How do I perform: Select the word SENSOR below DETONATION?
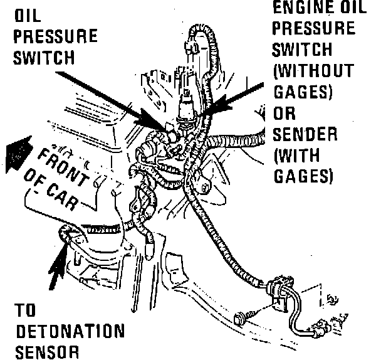(x=47, y=351)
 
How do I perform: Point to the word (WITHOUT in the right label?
(x=313, y=71)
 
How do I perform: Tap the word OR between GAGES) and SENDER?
(x=285, y=114)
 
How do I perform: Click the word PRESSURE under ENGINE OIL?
(x=314, y=29)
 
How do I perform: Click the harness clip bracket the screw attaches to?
(x=278, y=294)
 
